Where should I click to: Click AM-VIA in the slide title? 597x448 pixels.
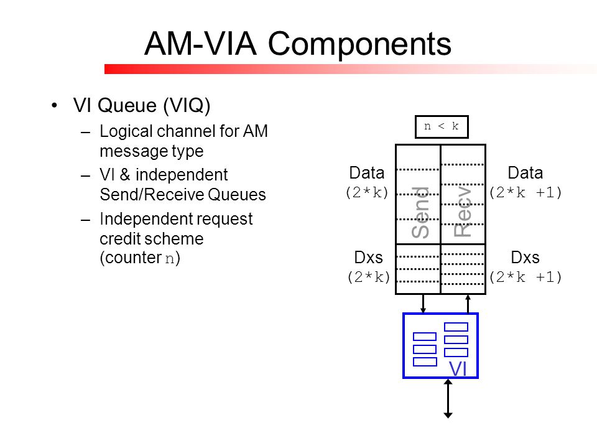200,44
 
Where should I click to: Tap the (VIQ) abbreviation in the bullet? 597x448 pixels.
187,106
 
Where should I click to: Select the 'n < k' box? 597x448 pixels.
442,126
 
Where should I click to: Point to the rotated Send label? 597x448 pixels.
420,213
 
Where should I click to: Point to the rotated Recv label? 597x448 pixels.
463,212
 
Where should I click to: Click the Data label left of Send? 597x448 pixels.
367,173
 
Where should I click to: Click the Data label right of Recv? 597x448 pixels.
525,173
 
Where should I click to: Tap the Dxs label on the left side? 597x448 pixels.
368,258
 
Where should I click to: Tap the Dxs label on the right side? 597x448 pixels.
525,258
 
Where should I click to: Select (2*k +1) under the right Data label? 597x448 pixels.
525,193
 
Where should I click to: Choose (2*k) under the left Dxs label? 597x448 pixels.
369,278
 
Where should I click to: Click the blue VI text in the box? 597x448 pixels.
458,369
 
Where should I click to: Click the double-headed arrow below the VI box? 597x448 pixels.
448,398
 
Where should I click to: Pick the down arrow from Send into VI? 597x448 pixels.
423,304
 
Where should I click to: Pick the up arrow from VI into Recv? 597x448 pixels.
468,304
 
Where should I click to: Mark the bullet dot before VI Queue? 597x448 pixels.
55,105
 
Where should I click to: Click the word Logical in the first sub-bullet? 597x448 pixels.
126,132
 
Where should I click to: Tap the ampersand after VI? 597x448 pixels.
125,175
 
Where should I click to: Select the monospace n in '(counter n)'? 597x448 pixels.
170,259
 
